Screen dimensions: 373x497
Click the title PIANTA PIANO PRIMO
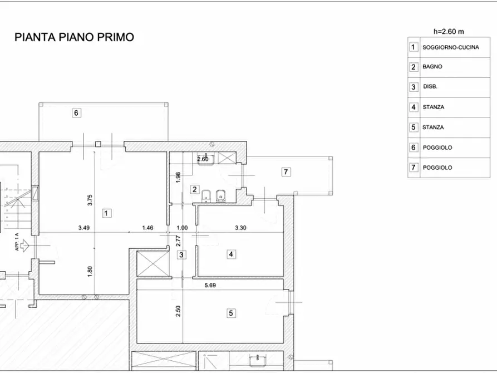pos(74,37)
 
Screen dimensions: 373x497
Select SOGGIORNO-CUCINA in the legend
pos(451,47)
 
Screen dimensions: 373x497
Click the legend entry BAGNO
pos(432,67)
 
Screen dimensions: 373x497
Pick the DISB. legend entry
pos(430,87)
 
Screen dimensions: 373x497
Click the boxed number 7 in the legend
pos(414,167)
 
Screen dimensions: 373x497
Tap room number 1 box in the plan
pos(107,213)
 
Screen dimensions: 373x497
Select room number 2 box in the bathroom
pos(195,189)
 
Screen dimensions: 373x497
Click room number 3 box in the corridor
pos(181,255)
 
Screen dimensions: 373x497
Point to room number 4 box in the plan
pos(231,254)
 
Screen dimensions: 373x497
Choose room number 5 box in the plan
pos(231,313)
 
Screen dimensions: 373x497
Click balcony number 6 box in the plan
pos(77,113)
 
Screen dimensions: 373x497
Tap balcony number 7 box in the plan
pos(286,171)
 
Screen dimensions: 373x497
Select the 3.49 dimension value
pos(84,228)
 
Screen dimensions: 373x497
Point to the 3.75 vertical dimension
pos(90,200)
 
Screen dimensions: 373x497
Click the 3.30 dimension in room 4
pos(240,228)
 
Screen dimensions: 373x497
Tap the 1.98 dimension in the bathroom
pos(178,177)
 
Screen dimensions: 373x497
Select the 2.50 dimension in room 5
pos(178,311)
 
